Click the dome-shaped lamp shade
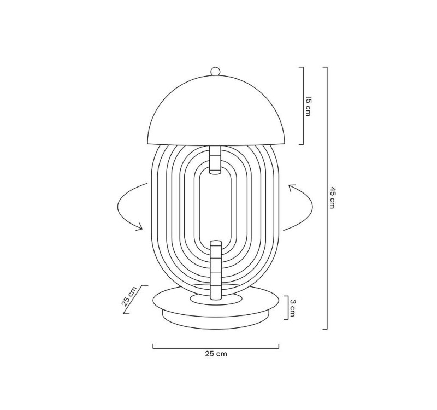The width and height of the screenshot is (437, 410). tap(215, 112)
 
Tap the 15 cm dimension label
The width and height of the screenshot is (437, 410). tap(309, 106)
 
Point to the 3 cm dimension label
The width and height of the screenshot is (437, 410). tap(293, 308)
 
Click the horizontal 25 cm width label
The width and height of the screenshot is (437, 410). tap(216, 354)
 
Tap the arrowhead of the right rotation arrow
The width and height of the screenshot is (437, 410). tap(291, 188)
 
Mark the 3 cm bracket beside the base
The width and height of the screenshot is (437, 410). tap(286, 308)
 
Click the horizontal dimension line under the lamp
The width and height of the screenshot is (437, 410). tap(216, 347)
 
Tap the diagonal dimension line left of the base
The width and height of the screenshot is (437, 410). tap(135, 300)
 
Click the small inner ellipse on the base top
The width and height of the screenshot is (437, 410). tap(215, 300)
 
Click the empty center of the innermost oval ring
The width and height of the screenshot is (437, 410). tap(215, 205)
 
